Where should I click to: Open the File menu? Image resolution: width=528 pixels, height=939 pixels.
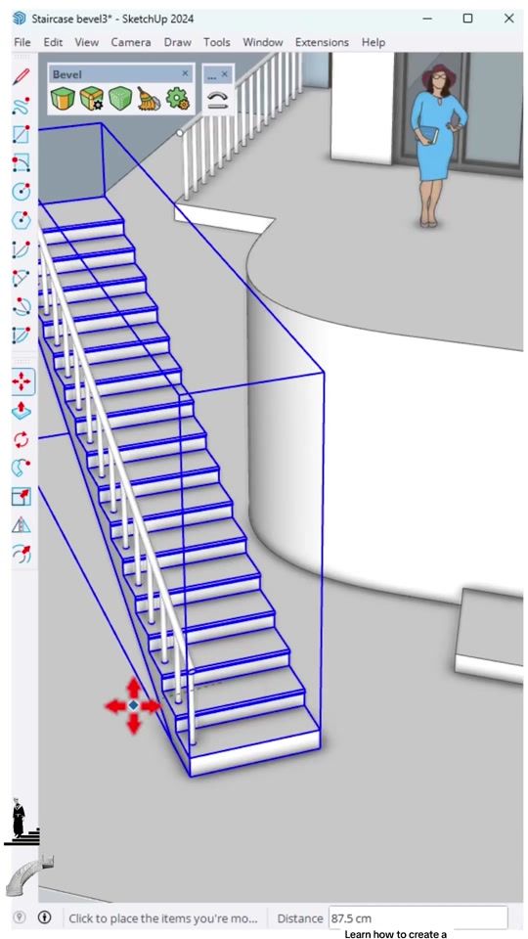[x=22, y=42]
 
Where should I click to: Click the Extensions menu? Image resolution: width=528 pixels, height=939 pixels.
[x=322, y=42]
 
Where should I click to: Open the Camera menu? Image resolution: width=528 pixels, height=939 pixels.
[x=130, y=42]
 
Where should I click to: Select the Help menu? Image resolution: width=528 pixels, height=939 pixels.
[x=373, y=42]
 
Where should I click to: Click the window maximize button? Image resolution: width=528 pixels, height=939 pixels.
[x=468, y=18]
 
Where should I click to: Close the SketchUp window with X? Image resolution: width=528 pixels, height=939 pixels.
[x=508, y=18]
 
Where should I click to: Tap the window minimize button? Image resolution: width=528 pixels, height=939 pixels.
[x=427, y=18]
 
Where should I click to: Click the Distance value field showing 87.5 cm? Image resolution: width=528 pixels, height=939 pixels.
[x=418, y=917]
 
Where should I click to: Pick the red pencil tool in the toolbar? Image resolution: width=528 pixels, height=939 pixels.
[x=22, y=77]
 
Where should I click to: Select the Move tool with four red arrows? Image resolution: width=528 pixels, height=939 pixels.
[x=22, y=381]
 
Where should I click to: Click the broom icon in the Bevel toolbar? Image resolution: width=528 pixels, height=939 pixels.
[x=149, y=99]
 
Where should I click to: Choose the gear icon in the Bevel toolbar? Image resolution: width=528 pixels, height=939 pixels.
[x=177, y=99]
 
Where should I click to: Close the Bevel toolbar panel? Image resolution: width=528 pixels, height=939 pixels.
[x=185, y=73]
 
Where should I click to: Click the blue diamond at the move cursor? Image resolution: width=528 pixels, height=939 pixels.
[x=134, y=705]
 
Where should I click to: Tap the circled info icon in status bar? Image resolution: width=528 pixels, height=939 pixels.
[x=45, y=917]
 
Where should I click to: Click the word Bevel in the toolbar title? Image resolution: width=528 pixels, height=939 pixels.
[x=67, y=74]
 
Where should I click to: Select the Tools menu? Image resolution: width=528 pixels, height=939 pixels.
[x=217, y=42]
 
